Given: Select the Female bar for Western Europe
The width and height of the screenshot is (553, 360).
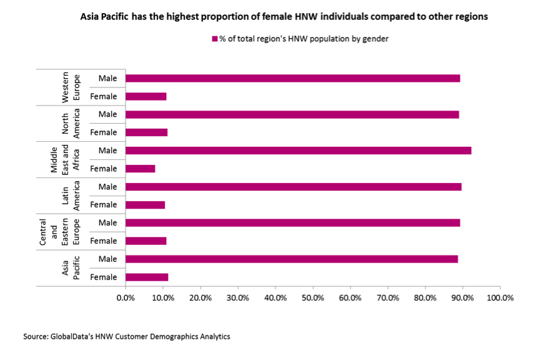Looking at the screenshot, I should pos(146,96).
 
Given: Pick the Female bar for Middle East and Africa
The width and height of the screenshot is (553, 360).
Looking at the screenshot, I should pos(141,169).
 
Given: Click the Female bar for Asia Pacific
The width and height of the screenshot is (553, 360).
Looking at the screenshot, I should pos(147,277).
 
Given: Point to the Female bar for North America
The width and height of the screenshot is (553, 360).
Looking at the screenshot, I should pos(147,132).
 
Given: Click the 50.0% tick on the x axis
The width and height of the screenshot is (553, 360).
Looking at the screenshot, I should pos(312,298).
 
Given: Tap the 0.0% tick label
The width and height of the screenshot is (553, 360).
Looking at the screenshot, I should pos(126,298).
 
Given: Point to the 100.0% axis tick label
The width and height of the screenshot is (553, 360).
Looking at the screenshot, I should pos(499,298).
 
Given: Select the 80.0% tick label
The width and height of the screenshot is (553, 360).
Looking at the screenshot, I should pos(425,298).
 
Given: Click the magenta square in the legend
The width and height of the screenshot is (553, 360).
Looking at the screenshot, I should pos(214,39).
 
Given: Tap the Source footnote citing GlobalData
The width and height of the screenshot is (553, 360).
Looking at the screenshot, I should pos(127,337).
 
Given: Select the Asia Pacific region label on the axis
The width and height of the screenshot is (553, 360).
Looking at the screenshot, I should pos(71,268).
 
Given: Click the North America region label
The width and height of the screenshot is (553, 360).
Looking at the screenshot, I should pos(71,124).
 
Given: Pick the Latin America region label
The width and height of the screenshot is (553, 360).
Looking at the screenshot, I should pos(71,196).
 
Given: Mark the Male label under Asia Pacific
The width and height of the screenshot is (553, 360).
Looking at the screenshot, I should pos(107,259).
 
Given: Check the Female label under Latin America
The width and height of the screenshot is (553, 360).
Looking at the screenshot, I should pos(103,205).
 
